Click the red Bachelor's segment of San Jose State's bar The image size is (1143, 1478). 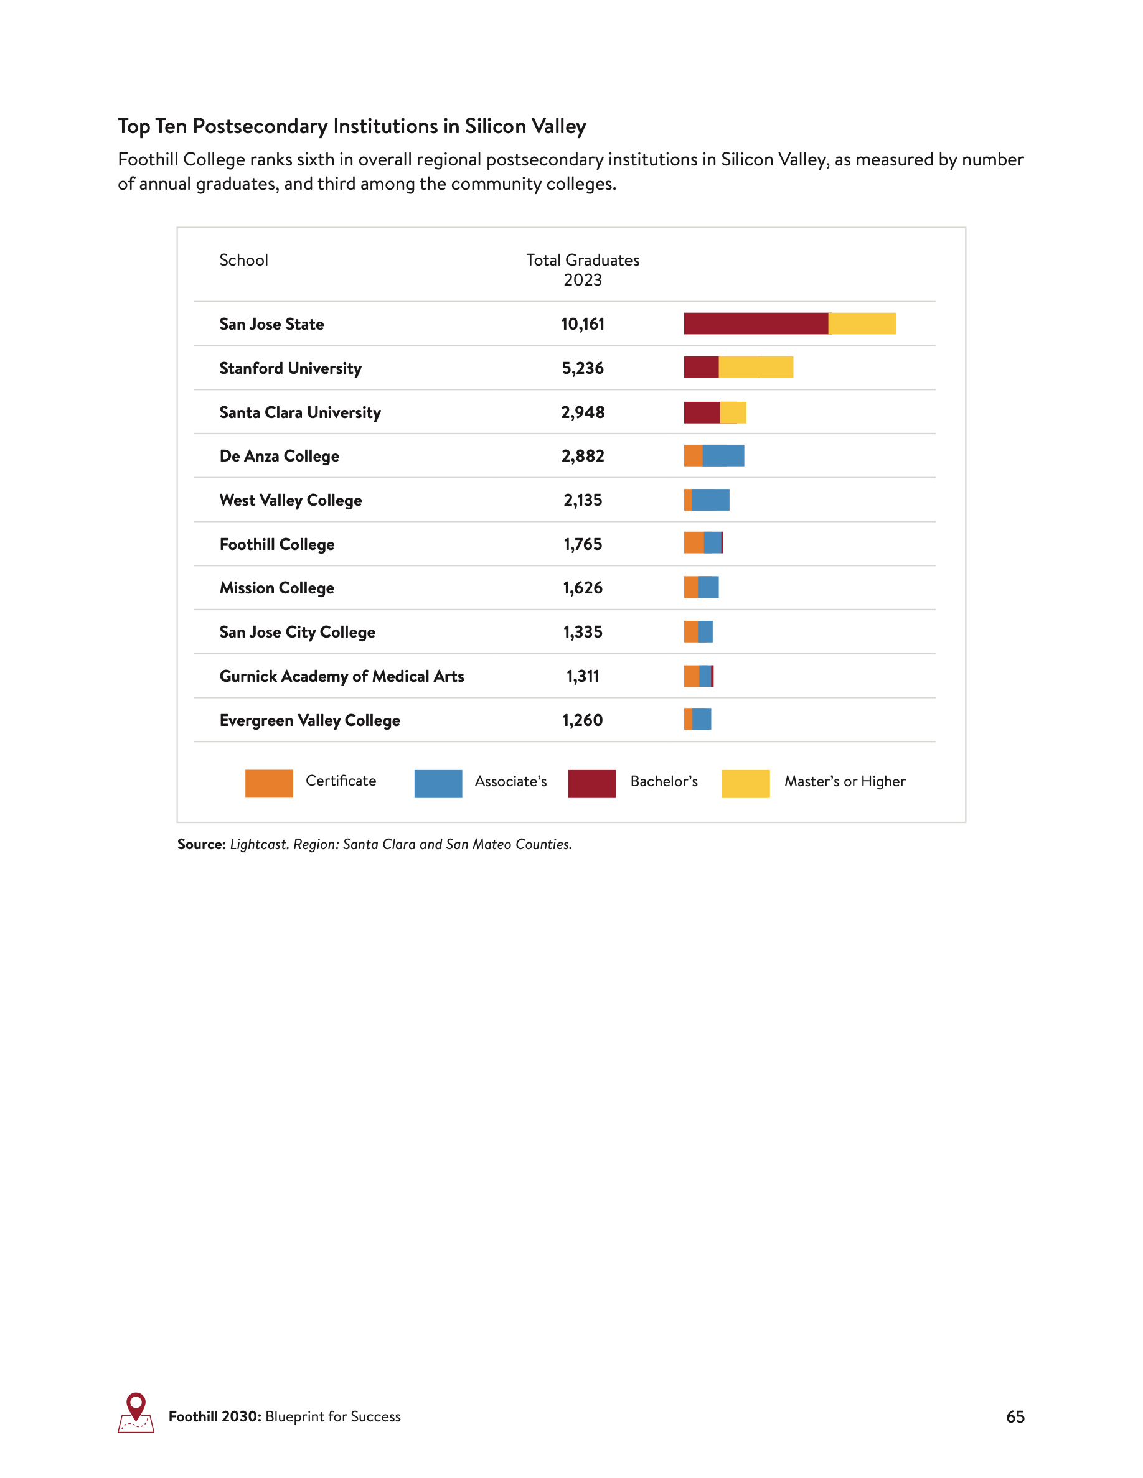756,323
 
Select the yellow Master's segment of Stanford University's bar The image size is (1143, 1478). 756,367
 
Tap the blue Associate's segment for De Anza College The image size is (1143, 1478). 723,455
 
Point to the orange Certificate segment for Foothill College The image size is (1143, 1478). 694,543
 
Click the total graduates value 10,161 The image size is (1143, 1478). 582,324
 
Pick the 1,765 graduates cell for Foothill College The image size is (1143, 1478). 582,544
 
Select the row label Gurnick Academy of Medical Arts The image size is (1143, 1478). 341,676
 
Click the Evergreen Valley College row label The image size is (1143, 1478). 309,720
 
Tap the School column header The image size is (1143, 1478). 243,260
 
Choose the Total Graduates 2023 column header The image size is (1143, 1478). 582,269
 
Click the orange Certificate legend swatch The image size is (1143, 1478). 269,783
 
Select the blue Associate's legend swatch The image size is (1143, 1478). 438,783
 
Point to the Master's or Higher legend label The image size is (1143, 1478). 844,782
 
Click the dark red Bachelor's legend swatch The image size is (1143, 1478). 592,783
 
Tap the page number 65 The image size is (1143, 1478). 1015,1416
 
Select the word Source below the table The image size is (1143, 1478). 201,844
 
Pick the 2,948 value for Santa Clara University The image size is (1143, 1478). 582,412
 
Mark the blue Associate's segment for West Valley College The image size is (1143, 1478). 710,500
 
